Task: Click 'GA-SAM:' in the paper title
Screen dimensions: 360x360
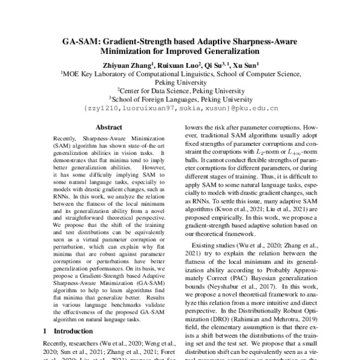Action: click(x=82, y=43)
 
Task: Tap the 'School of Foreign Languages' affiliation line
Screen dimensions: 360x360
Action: click(x=181, y=100)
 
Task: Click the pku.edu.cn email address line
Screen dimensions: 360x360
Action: click(x=181, y=109)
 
